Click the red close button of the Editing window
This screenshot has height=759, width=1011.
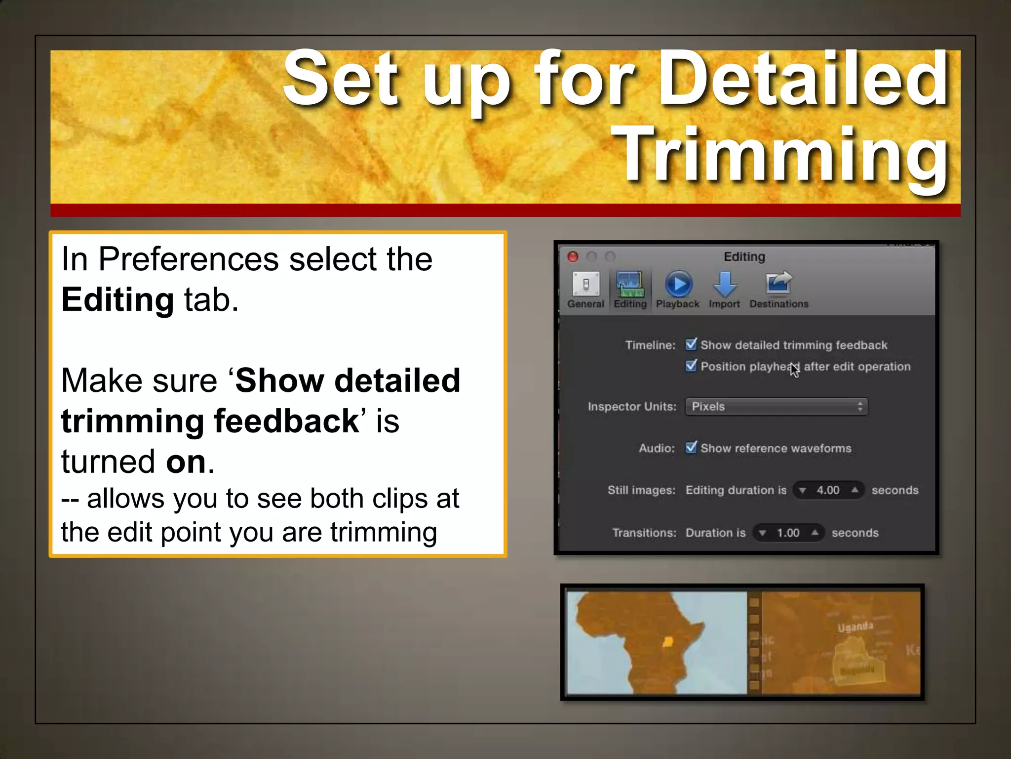[573, 256]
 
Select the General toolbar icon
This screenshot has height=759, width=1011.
[585, 284]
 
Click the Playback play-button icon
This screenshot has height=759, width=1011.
[679, 284]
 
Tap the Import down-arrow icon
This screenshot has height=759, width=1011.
[725, 284]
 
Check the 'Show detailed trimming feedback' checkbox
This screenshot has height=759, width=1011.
[691, 344]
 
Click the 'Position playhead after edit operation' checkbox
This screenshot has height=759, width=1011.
[691, 366]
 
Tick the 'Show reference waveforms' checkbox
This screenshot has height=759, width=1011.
[691, 448]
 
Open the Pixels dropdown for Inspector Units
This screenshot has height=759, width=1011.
[776, 407]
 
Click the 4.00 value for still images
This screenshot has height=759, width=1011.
[828, 490]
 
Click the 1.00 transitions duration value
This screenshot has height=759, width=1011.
[788, 533]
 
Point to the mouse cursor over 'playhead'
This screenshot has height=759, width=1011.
[794, 369]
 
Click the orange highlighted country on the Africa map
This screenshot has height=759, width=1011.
[668, 642]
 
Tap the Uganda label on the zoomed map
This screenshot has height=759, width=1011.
[855, 627]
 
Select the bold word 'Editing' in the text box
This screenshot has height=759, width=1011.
[117, 300]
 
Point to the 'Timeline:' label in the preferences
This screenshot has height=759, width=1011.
[650, 345]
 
